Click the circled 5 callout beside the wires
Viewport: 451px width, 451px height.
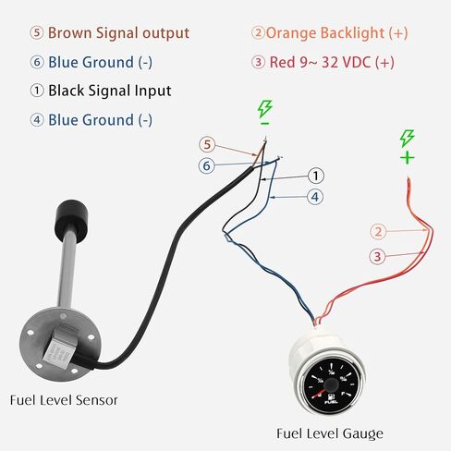click(x=207, y=145)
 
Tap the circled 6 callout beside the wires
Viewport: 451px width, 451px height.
click(x=206, y=165)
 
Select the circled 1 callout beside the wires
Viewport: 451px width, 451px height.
click(x=316, y=176)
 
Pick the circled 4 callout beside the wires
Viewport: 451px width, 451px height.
click(x=315, y=197)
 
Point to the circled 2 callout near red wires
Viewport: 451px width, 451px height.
click(x=378, y=232)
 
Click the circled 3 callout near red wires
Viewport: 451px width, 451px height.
click(x=377, y=256)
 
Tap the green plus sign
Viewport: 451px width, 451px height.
click(x=408, y=158)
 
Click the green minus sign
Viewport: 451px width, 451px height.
click(x=264, y=124)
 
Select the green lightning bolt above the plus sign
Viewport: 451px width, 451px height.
click(x=407, y=139)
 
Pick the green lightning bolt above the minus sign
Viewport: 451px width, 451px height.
click(x=265, y=109)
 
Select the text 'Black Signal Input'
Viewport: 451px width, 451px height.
click(x=110, y=91)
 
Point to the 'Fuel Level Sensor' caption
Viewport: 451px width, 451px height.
click(x=64, y=400)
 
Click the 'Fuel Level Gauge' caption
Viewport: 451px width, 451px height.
click(x=330, y=433)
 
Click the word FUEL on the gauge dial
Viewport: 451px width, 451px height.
click(x=332, y=402)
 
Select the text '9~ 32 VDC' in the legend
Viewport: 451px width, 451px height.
click(x=335, y=62)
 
